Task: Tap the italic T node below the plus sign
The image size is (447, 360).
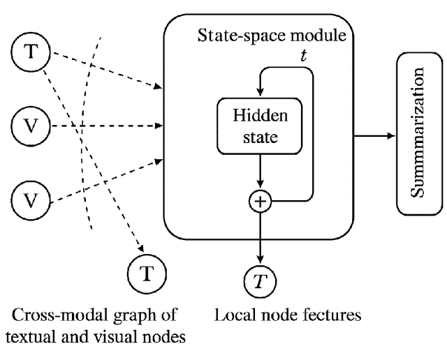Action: (260, 280)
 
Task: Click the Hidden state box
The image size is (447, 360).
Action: (260, 126)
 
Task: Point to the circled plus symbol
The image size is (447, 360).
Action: (260, 202)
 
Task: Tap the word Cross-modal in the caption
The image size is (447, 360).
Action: (52, 314)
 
